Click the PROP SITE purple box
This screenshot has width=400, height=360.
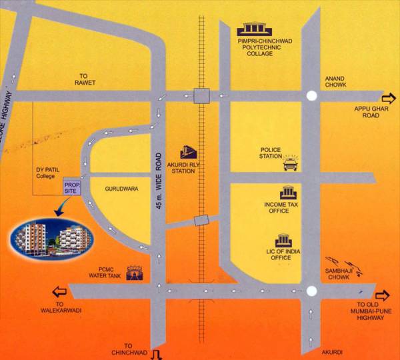[x=71, y=187]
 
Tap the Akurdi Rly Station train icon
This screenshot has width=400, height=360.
[x=189, y=153]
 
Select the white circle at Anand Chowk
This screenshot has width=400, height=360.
[x=311, y=96]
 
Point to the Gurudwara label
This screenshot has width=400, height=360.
[x=121, y=189]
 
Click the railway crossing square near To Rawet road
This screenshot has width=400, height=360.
[x=201, y=96]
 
